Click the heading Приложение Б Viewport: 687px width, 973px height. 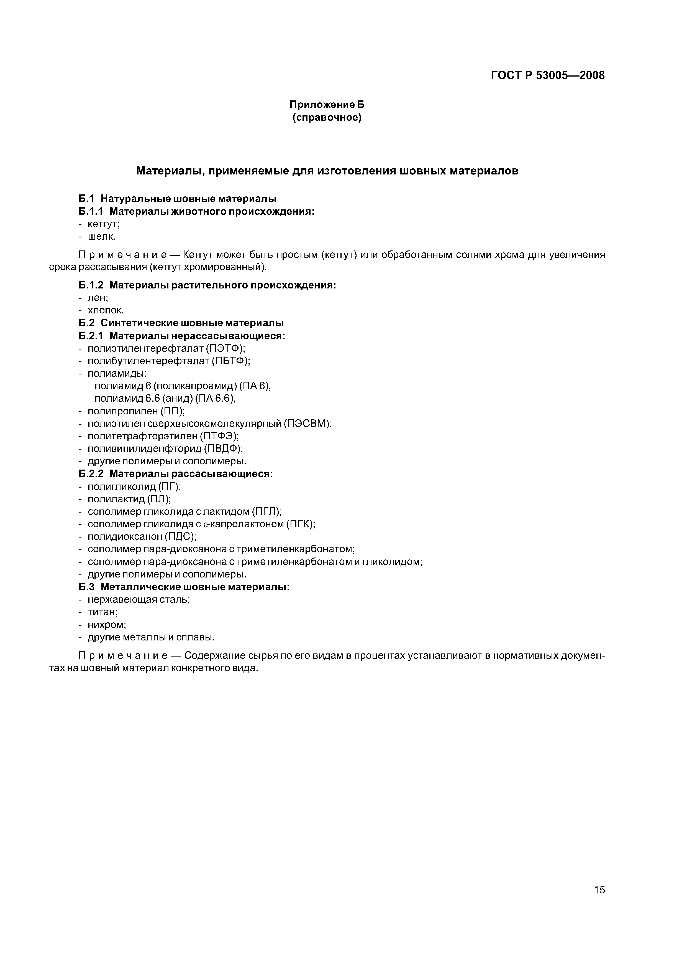click(x=327, y=104)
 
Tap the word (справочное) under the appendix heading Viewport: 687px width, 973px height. click(x=327, y=117)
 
